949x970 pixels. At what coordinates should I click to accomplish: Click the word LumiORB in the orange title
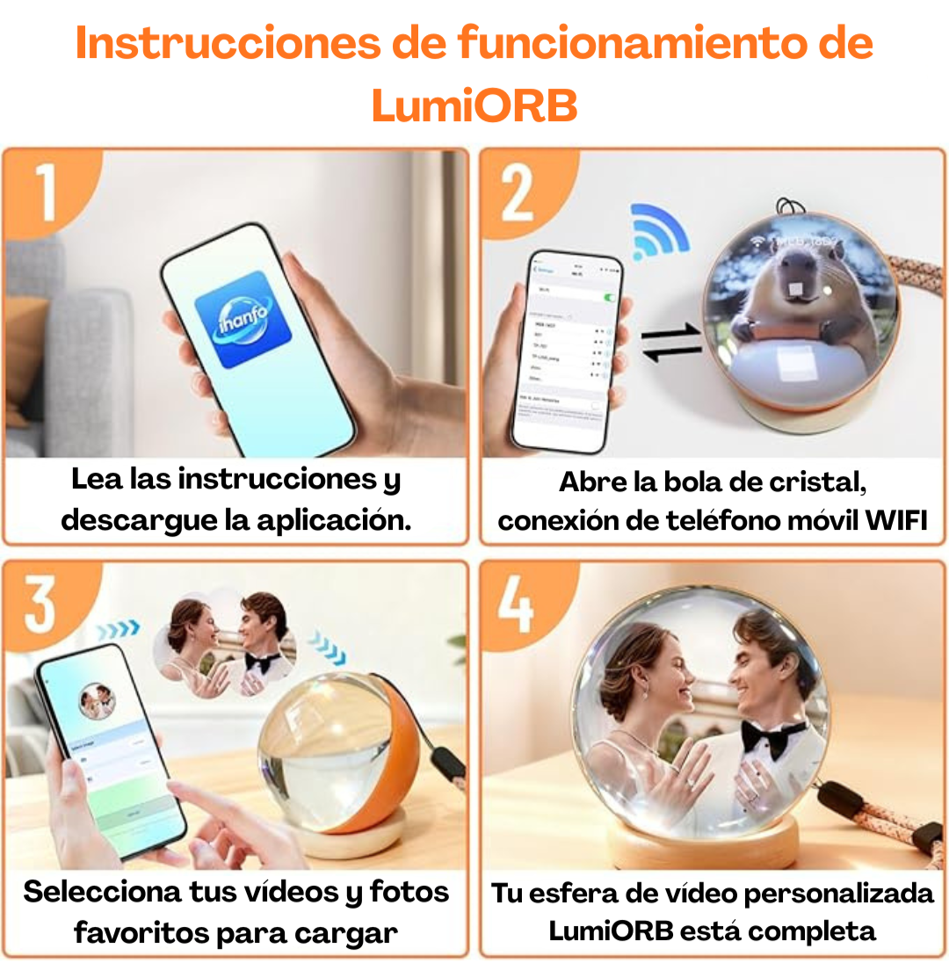pos(474,105)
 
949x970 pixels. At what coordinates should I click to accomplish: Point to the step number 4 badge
pos(516,604)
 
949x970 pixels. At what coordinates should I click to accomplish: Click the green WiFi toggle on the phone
pos(607,298)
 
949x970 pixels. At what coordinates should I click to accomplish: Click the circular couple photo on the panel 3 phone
pos(97,700)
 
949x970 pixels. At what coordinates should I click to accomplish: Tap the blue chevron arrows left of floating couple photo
pos(118,629)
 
